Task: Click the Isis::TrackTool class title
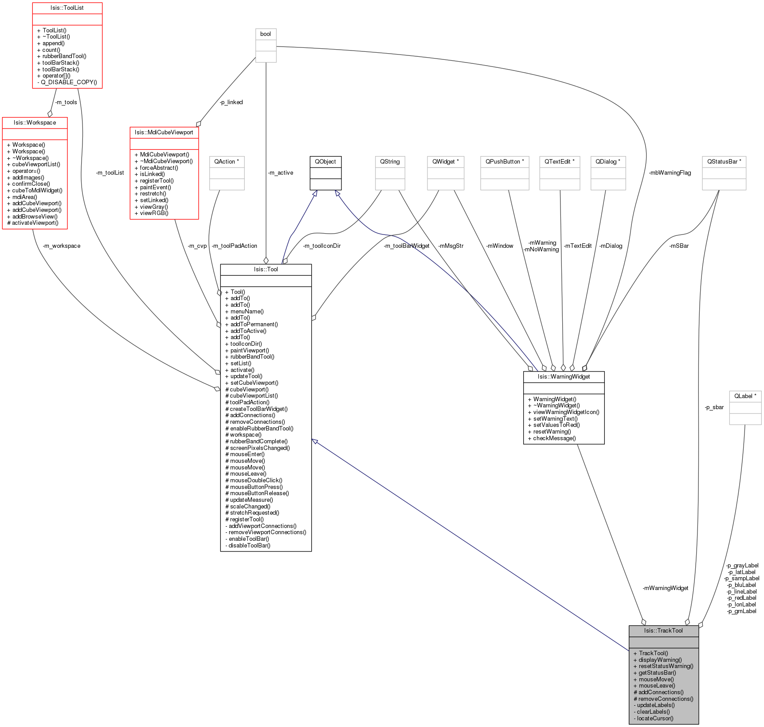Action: pos(663,631)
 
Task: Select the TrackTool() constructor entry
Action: pos(653,653)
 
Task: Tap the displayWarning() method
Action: pos(660,660)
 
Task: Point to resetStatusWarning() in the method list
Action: pos(666,666)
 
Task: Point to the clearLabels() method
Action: pos(653,712)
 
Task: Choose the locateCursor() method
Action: pos(655,719)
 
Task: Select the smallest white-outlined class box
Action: pos(266,46)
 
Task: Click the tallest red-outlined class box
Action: pos(35,173)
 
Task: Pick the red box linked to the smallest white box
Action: pos(164,173)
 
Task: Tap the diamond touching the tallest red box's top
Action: pos(50,114)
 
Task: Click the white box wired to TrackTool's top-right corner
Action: pos(745,408)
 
